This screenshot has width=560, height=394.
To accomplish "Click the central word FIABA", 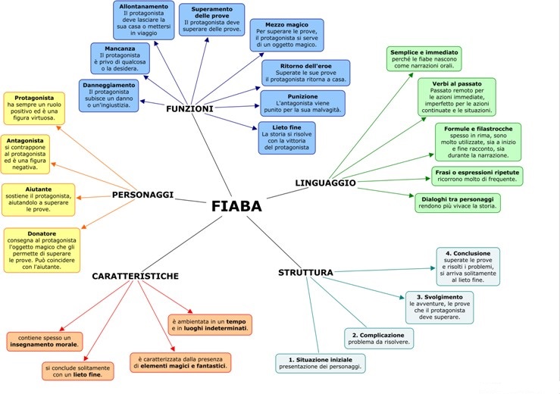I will point(236,207).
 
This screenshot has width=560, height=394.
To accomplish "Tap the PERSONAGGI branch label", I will point(142,195).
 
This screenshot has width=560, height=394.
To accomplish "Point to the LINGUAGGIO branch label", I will point(325,183).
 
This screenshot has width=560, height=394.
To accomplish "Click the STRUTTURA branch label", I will point(305,272).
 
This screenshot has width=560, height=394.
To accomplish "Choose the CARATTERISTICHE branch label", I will point(135,277).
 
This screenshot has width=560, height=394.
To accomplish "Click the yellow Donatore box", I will point(41,251).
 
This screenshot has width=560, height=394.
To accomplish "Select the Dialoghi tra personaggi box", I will point(457,202).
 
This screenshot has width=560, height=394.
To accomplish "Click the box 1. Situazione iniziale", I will point(321,362).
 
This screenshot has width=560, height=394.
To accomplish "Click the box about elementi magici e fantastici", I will point(180,361).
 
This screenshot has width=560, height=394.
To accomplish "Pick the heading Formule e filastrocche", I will point(478,128).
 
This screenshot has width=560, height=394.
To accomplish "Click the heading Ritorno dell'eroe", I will point(305,65).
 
